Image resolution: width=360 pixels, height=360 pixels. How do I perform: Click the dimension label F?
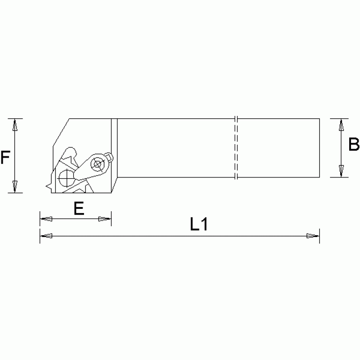point(6,157)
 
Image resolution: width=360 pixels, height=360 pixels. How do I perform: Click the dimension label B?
point(353,146)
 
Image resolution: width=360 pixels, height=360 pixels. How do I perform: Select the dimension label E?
point(79,208)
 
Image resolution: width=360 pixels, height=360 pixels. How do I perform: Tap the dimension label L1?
point(199,225)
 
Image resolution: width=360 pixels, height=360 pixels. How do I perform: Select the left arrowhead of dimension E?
point(46,219)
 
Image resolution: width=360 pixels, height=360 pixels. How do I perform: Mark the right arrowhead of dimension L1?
point(313,236)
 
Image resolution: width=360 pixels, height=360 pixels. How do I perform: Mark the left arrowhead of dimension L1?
point(46,236)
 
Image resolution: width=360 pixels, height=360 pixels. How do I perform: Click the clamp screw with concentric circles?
point(98,164)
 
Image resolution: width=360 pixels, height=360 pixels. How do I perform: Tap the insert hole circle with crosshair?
point(65,178)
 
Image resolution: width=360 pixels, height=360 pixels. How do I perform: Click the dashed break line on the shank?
point(236,148)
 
